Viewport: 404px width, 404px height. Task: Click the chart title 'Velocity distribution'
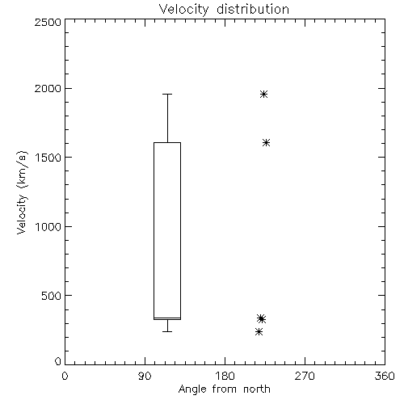tap(224, 10)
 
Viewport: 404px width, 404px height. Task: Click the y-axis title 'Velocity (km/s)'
tap(22, 192)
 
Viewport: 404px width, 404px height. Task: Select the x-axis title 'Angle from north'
tap(224, 389)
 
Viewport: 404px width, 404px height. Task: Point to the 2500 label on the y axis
tap(48, 22)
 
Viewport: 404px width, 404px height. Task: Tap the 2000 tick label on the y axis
tap(48, 88)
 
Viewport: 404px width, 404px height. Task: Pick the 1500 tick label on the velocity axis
tap(48, 158)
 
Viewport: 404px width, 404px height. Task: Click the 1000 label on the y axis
tap(48, 226)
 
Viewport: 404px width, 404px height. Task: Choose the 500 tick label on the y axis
tap(52, 296)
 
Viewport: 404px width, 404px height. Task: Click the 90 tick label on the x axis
tap(145, 376)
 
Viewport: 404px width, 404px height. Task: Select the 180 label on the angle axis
tap(225, 376)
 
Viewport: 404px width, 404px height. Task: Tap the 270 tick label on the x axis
tap(305, 376)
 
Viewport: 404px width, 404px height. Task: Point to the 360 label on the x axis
tap(385, 376)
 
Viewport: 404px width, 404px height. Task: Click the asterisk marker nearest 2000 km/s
tap(263, 95)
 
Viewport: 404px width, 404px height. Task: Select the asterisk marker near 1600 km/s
tap(266, 143)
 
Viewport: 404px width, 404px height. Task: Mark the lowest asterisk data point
tap(259, 331)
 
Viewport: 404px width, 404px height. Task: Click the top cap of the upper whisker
tap(167, 95)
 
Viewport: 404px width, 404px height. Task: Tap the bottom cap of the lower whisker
tap(167, 331)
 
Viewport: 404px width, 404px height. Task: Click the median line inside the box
tap(167, 318)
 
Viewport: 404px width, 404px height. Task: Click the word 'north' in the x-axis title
tap(257, 389)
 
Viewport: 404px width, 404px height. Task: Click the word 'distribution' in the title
tap(253, 10)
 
